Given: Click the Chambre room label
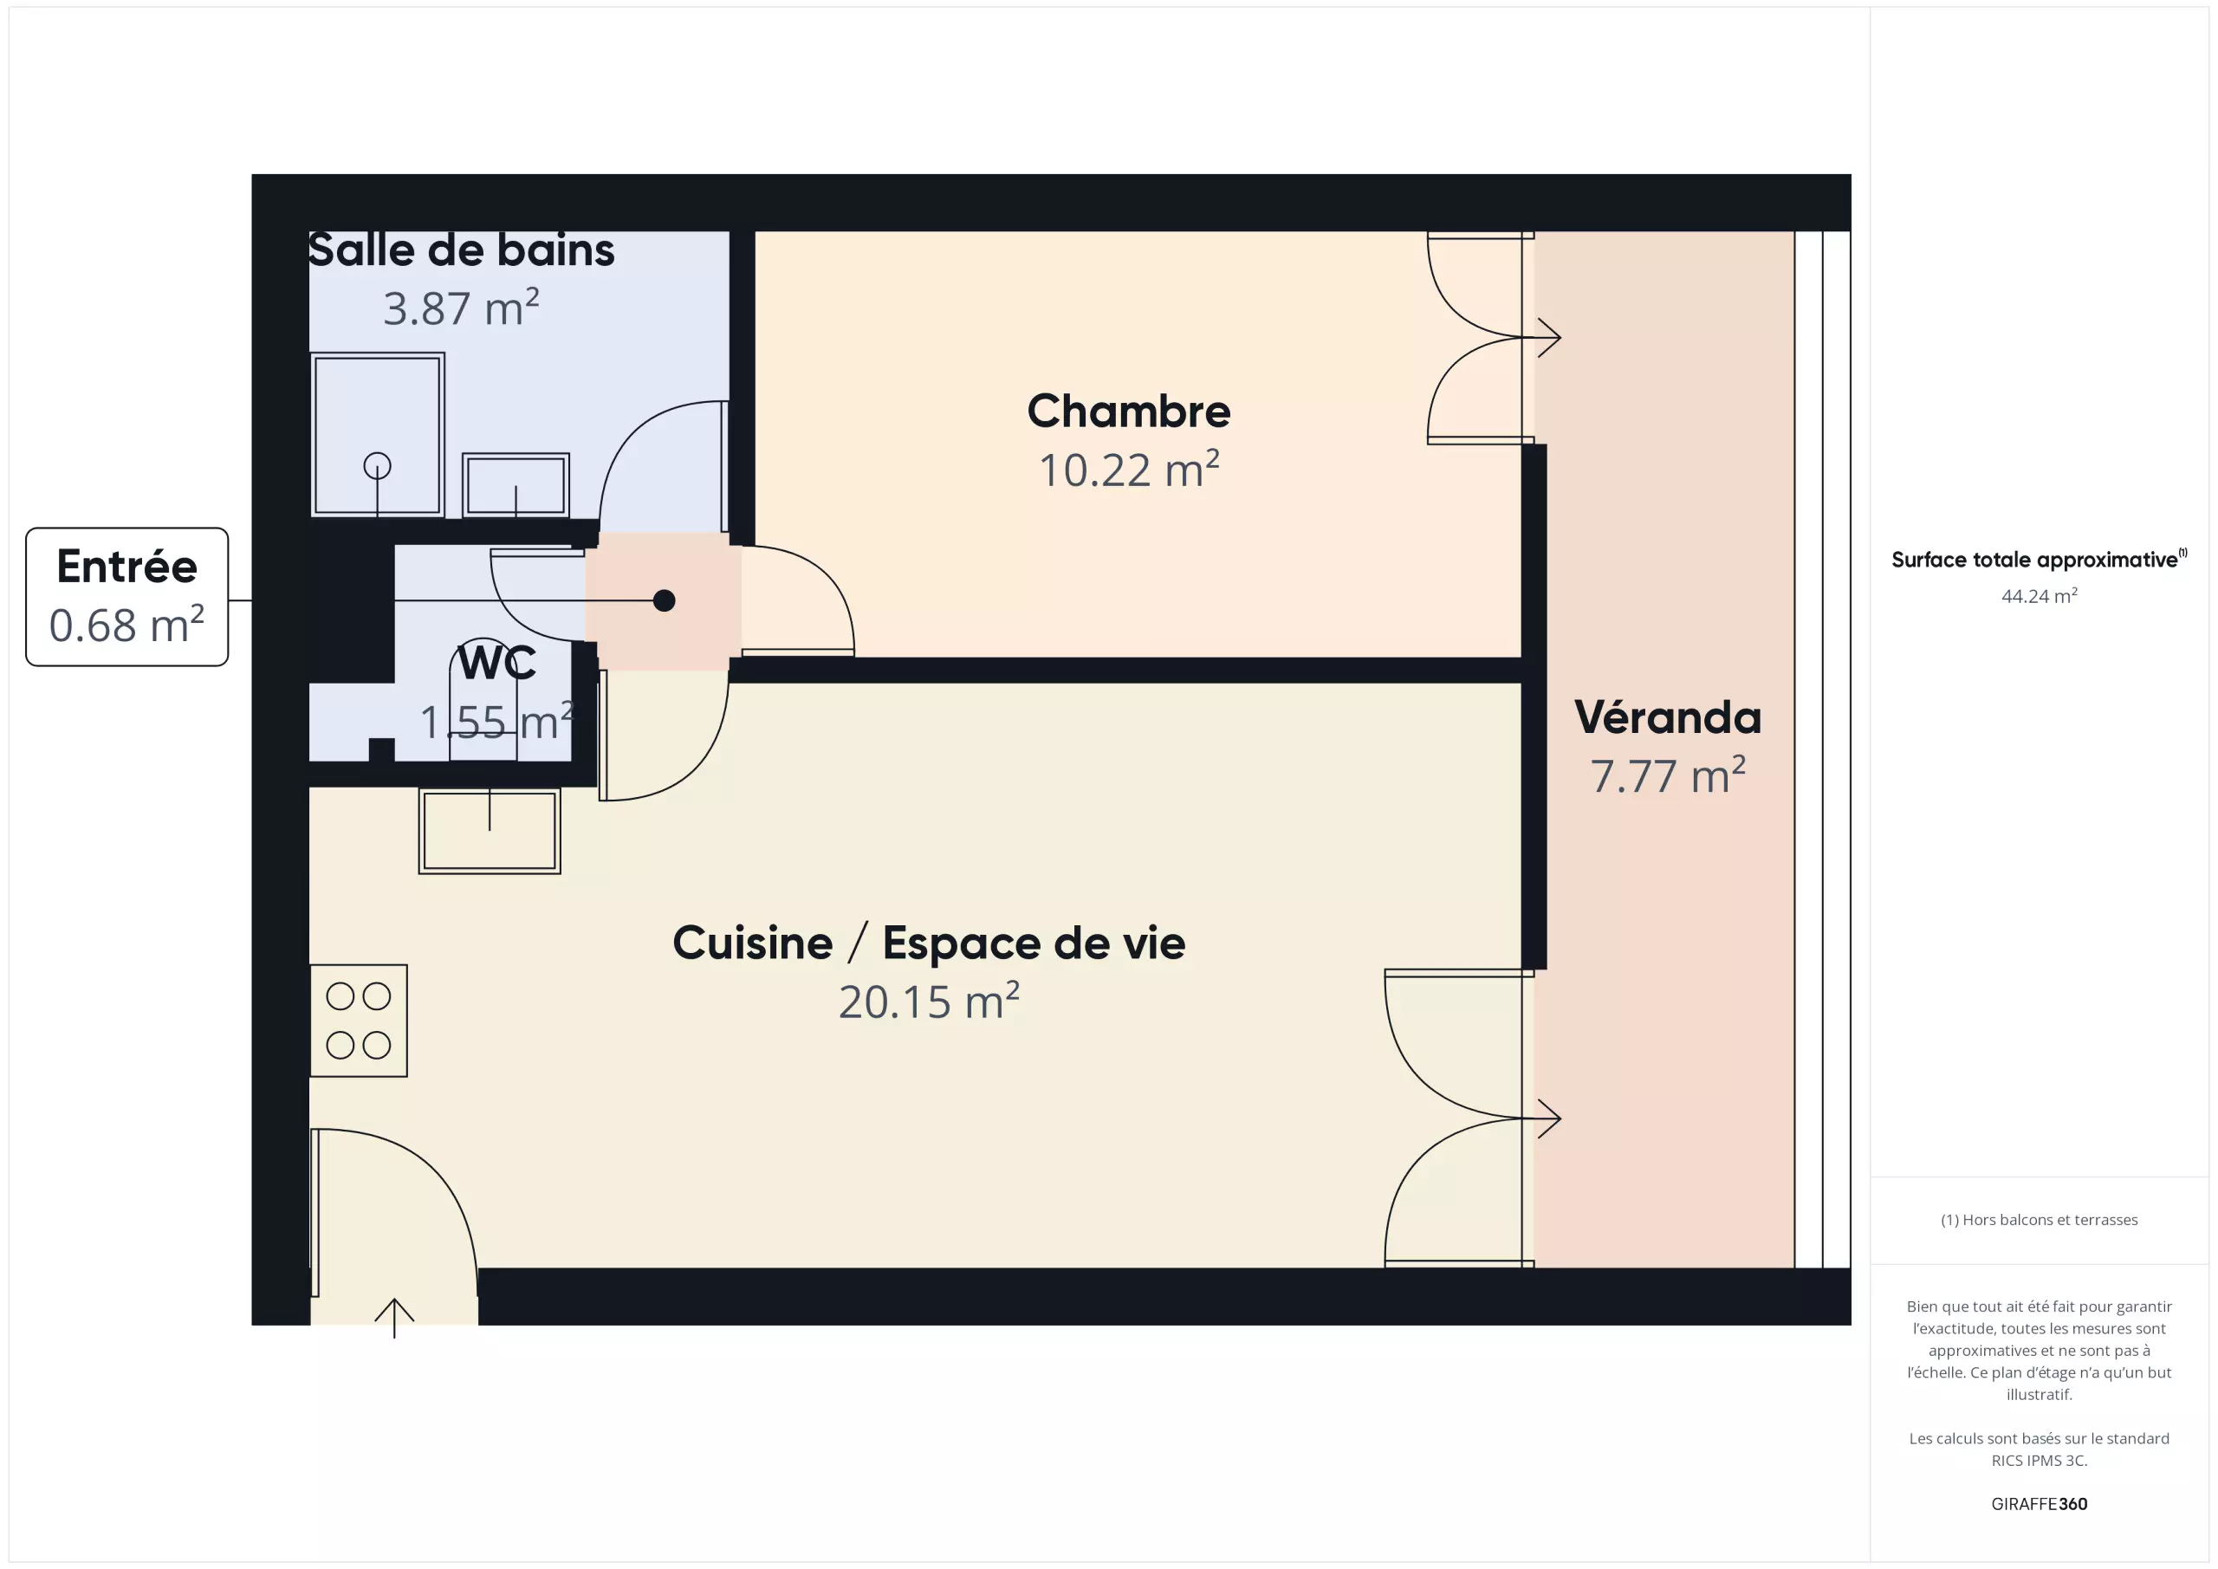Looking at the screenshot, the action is pos(1128,412).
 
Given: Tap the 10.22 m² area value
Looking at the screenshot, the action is pos(1128,470).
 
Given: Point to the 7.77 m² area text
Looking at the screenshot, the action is pos(1667,775).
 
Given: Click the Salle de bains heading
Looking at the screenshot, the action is pos(461,250).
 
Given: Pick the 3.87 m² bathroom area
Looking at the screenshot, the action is pos(461,308).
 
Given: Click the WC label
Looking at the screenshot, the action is pos(496,663).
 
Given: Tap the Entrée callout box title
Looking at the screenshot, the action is pos(126,566).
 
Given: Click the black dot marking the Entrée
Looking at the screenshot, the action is pos(664,601).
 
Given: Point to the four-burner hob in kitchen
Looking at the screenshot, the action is pos(359,1021).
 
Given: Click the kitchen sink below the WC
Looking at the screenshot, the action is pos(490,831).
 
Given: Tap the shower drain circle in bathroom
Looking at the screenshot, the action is pos(377,467).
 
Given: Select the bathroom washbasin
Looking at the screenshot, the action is pos(516,485).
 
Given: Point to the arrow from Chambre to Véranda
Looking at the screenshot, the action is pos(1542,338).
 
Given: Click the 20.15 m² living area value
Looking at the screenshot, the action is pos(930,1002).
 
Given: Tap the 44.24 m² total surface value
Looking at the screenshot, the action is pos(2040,596).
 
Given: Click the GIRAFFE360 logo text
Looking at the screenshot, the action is pos(2040,1503).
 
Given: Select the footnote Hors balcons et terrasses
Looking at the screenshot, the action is pos(2040,1220).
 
